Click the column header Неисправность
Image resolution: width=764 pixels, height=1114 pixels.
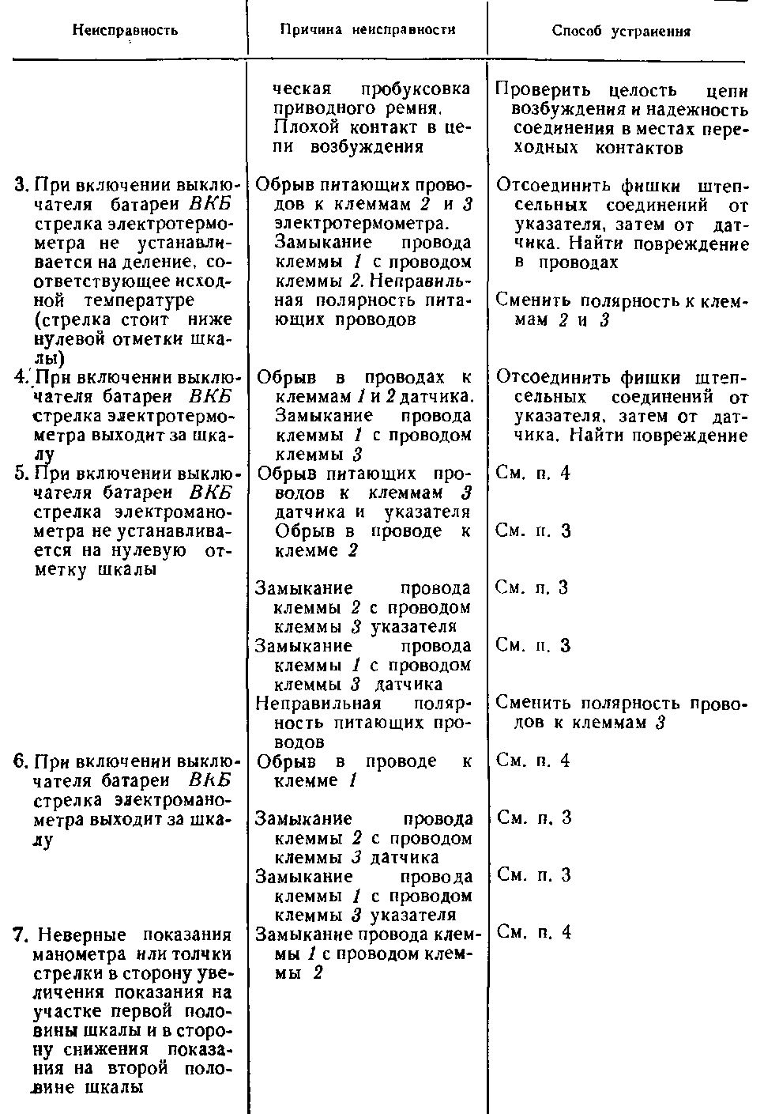[x=125, y=31]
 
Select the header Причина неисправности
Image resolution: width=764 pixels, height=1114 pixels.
[x=368, y=30]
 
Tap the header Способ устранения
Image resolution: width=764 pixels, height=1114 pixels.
[x=621, y=32]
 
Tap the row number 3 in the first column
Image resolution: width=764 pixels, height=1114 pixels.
[x=21, y=185]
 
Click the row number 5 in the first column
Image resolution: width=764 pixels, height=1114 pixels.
[x=21, y=474]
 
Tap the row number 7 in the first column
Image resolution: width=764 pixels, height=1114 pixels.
[x=21, y=935]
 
